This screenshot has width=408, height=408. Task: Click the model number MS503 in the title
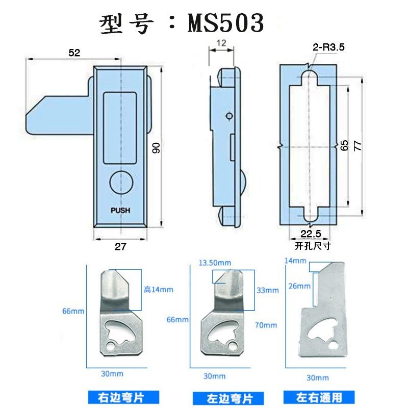pos(226,23)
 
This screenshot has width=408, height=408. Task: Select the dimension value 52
pos(74,53)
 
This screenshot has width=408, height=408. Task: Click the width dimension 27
pos(120,246)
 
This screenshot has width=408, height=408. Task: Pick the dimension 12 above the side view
pos(221,44)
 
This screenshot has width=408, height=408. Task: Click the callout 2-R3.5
pos(329,47)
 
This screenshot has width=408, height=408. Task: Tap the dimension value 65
pos(344,145)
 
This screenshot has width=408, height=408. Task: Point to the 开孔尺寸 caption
pos(313,246)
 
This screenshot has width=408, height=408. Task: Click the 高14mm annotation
pos(158,290)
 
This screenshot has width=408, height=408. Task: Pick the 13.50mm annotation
pos(215,263)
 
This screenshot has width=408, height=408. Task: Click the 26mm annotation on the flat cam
pos(298,286)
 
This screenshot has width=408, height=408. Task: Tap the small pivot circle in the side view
pos(229,116)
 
